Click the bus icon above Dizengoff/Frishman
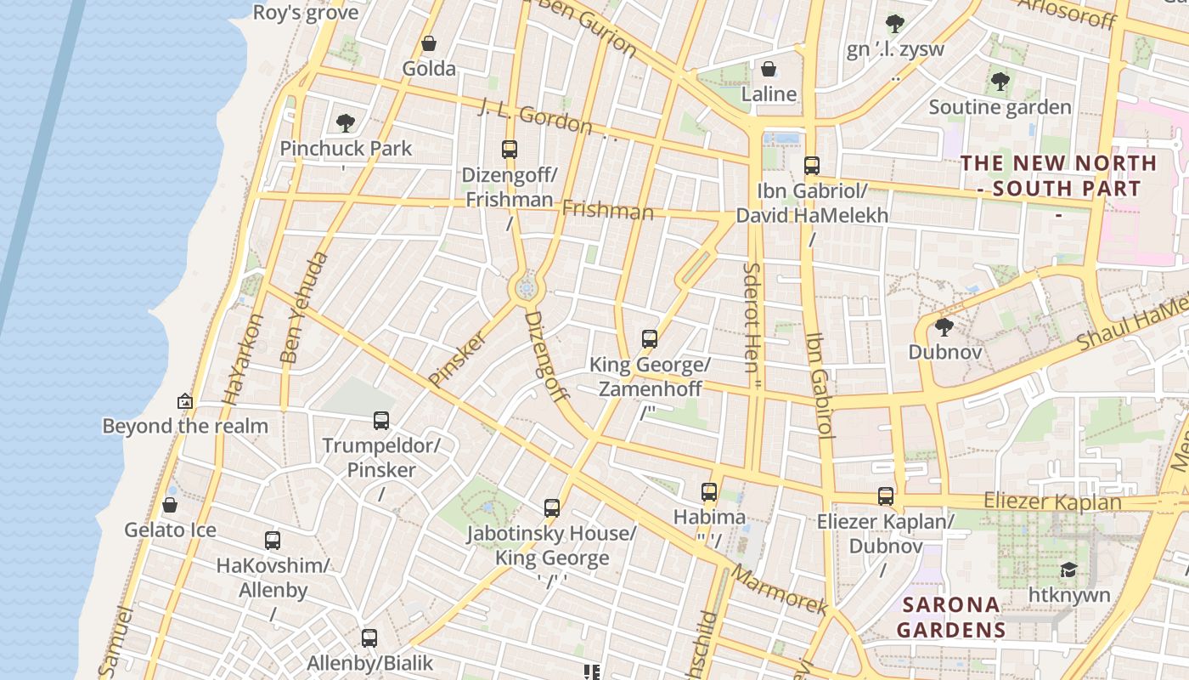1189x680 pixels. pos(510,150)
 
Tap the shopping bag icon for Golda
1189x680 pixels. pos(429,43)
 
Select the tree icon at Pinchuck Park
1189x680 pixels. pos(345,123)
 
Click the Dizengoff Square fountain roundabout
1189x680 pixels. pos(527,289)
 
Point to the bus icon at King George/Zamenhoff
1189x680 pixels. pos(650,339)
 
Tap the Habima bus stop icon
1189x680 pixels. pos(709,491)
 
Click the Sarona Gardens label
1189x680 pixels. pos(950,617)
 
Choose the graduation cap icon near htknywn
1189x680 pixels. pos(1068,569)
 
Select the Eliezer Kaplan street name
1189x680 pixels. pos(1052,501)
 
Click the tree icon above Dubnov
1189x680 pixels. pos(944,327)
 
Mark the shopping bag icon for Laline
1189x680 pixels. pos(769,69)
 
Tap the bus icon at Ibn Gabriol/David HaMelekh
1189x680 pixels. pos(812,166)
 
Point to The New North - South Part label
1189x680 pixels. pos(1058,176)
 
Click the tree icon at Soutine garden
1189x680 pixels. pos(1000,82)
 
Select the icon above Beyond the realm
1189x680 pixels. pos(184,401)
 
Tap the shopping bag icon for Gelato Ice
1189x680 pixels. pos(170,505)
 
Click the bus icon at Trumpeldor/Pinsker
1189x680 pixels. pos(381,420)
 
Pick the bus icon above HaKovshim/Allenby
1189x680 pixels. pos(273,540)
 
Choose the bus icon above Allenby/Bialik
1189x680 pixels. pos(369,637)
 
